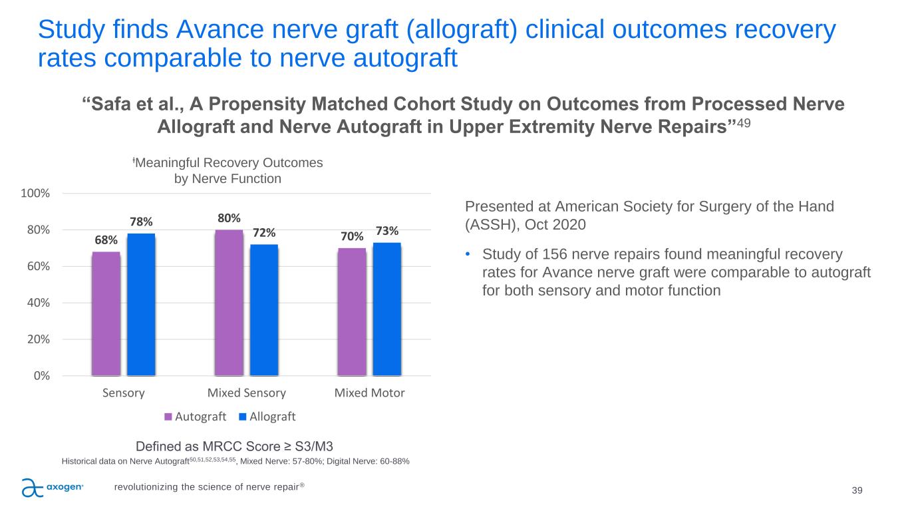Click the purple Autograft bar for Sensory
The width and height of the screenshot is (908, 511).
(106, 313)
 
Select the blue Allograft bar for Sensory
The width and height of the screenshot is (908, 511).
(141, 304)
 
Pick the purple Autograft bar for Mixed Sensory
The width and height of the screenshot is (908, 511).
(229, 303)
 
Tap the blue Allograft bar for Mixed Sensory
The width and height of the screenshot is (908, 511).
(264, 310)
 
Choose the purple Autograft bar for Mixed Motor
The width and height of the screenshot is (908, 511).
(352, 311)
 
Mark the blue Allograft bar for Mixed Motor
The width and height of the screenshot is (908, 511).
(387, 309)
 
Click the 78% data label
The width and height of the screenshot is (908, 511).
(141, 221)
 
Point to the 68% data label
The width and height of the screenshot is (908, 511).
(106, 240)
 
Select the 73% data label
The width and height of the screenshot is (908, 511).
(387, 231)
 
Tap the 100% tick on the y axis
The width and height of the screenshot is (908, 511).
(37, 194)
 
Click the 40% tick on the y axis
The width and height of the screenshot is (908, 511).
(39, 303)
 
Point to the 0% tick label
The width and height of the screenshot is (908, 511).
(42, 376)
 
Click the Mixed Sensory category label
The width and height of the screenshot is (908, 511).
(247, 393)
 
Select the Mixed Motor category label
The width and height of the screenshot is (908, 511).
(369, 393)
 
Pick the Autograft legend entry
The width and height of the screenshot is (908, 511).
(196, 417)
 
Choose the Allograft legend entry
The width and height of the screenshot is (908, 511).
(267, 417)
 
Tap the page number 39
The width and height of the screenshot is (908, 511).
(857, 490)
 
